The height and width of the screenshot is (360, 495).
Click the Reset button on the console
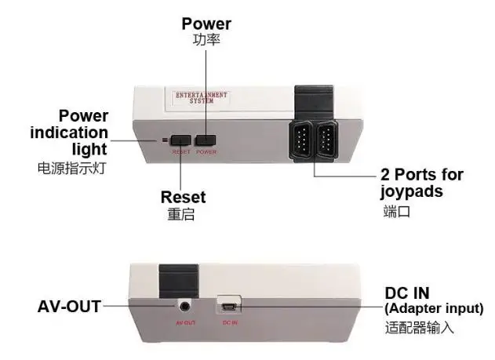(180, 140)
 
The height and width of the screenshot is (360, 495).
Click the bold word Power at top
(206, 24)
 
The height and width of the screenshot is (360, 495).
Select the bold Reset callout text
(183, 196)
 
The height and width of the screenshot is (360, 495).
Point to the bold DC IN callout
(406, 293)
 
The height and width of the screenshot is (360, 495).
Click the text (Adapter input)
(434, 308)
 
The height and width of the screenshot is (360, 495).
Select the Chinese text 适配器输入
(419, 327)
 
